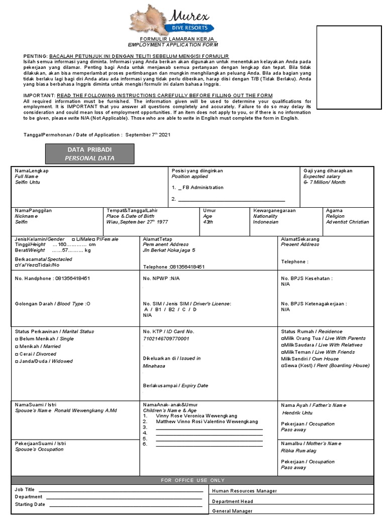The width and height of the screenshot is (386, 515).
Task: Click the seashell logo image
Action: coord(150,19)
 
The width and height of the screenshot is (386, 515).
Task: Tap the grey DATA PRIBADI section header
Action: coord(89,154)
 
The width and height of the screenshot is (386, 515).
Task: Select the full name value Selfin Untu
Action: coord(28,183)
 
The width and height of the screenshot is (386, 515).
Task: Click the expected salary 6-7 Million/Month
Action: coord(324,183)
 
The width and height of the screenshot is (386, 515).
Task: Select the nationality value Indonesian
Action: coord(266,222)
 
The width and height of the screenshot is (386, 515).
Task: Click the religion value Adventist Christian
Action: coord(347,222)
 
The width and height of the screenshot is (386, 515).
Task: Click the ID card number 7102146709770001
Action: coord(166,339)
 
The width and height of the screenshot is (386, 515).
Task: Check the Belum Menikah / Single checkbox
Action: coord(17,339)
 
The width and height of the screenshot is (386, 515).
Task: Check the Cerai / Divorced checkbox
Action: coord(17,354)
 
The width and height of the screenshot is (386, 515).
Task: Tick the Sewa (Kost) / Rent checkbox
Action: coord(283,366)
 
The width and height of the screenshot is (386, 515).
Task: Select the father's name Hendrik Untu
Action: coord(297,412)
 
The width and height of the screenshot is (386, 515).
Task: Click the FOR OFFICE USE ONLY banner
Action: coord(193,480)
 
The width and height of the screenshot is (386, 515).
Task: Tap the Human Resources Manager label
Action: coord(244,490)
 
